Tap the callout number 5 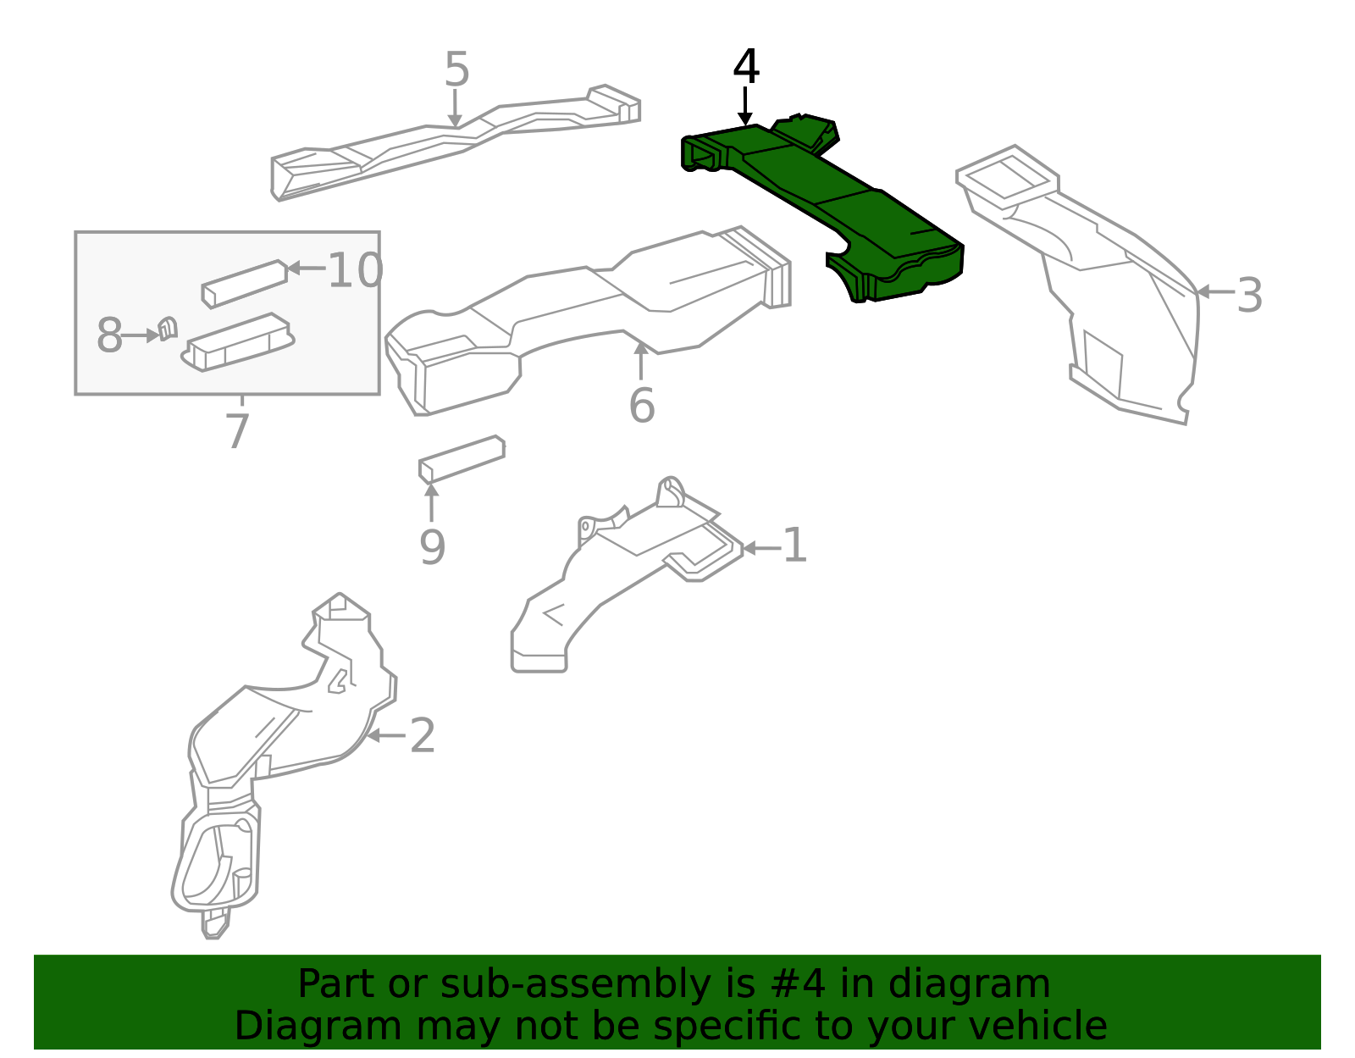(456, 69)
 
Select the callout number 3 (1249, 296)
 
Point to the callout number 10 (355, 270)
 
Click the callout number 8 (109, 335)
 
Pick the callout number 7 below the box (238, 431)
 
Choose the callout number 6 (642, 405)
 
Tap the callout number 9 (432, 546)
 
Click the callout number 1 (794, 545)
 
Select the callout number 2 (422, 735)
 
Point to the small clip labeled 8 (168, 329)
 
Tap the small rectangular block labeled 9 (462, 459)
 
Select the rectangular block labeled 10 (245, 284)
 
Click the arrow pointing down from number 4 (744, 106)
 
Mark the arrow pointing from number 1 (761, 548)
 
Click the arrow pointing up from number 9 (431, 501)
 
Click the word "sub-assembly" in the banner (576, 984)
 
